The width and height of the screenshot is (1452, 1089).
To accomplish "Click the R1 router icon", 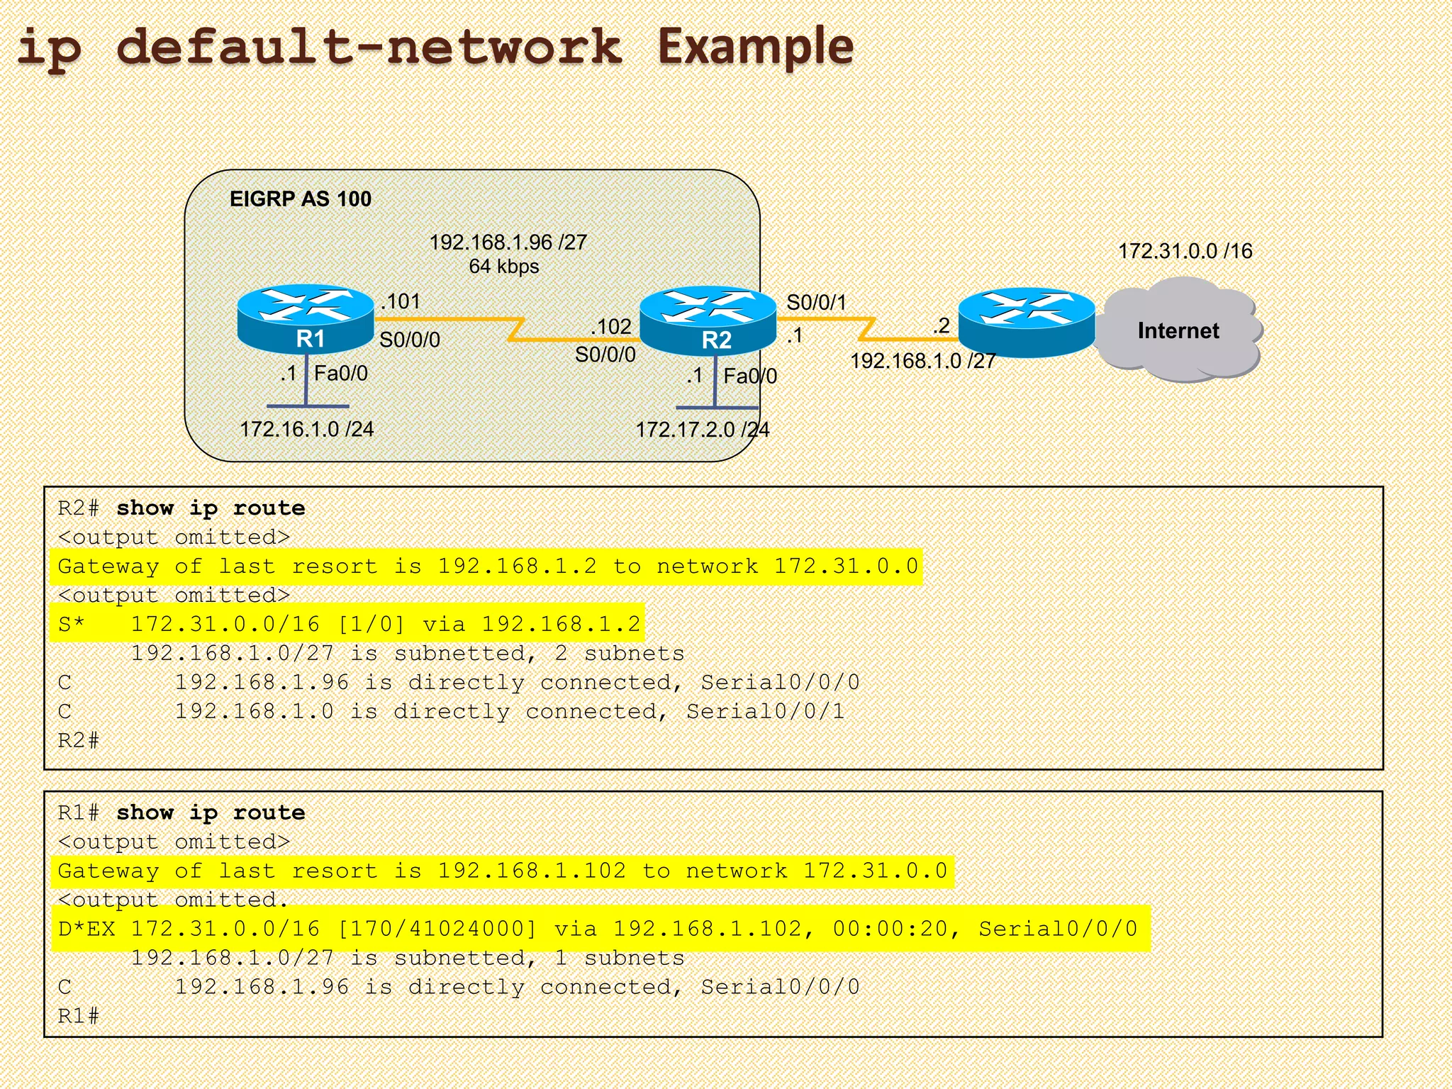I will tap(305, 319).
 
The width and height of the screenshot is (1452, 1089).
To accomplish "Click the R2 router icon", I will tap(708, 320).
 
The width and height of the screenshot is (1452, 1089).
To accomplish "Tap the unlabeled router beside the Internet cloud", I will tap(1026, 322).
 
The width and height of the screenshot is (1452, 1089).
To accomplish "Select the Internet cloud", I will tap(1178, 330).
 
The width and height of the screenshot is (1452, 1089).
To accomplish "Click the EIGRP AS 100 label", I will tap(300, 199).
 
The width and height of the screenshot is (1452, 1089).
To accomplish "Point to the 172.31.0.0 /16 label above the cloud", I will tap(1185, 251).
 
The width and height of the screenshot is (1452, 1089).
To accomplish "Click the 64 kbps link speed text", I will tap(503, 267).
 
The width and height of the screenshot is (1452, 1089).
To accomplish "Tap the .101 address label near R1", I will tap(401, 301).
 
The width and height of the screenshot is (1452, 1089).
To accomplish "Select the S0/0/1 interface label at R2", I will tap(816, 303).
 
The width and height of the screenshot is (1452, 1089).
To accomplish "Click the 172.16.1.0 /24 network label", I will tap(306, 429).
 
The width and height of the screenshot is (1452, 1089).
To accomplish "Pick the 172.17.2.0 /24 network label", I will tap(702, 430).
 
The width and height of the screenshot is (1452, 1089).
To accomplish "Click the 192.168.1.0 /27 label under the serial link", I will tap(922, 362).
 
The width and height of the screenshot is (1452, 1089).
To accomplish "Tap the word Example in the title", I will tap(755, 47).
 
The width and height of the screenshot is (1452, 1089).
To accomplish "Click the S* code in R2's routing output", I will tap(71, 625).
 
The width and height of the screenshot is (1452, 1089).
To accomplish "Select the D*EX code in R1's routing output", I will tap(86, 929).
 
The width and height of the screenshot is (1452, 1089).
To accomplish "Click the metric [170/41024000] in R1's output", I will tap(437, 929).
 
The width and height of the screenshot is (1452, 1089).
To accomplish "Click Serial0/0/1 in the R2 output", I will tap(766, 711).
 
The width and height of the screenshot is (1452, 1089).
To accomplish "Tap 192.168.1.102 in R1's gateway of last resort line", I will tap(532, 871).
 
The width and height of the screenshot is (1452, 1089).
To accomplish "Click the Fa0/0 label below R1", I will tap(340, 374).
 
